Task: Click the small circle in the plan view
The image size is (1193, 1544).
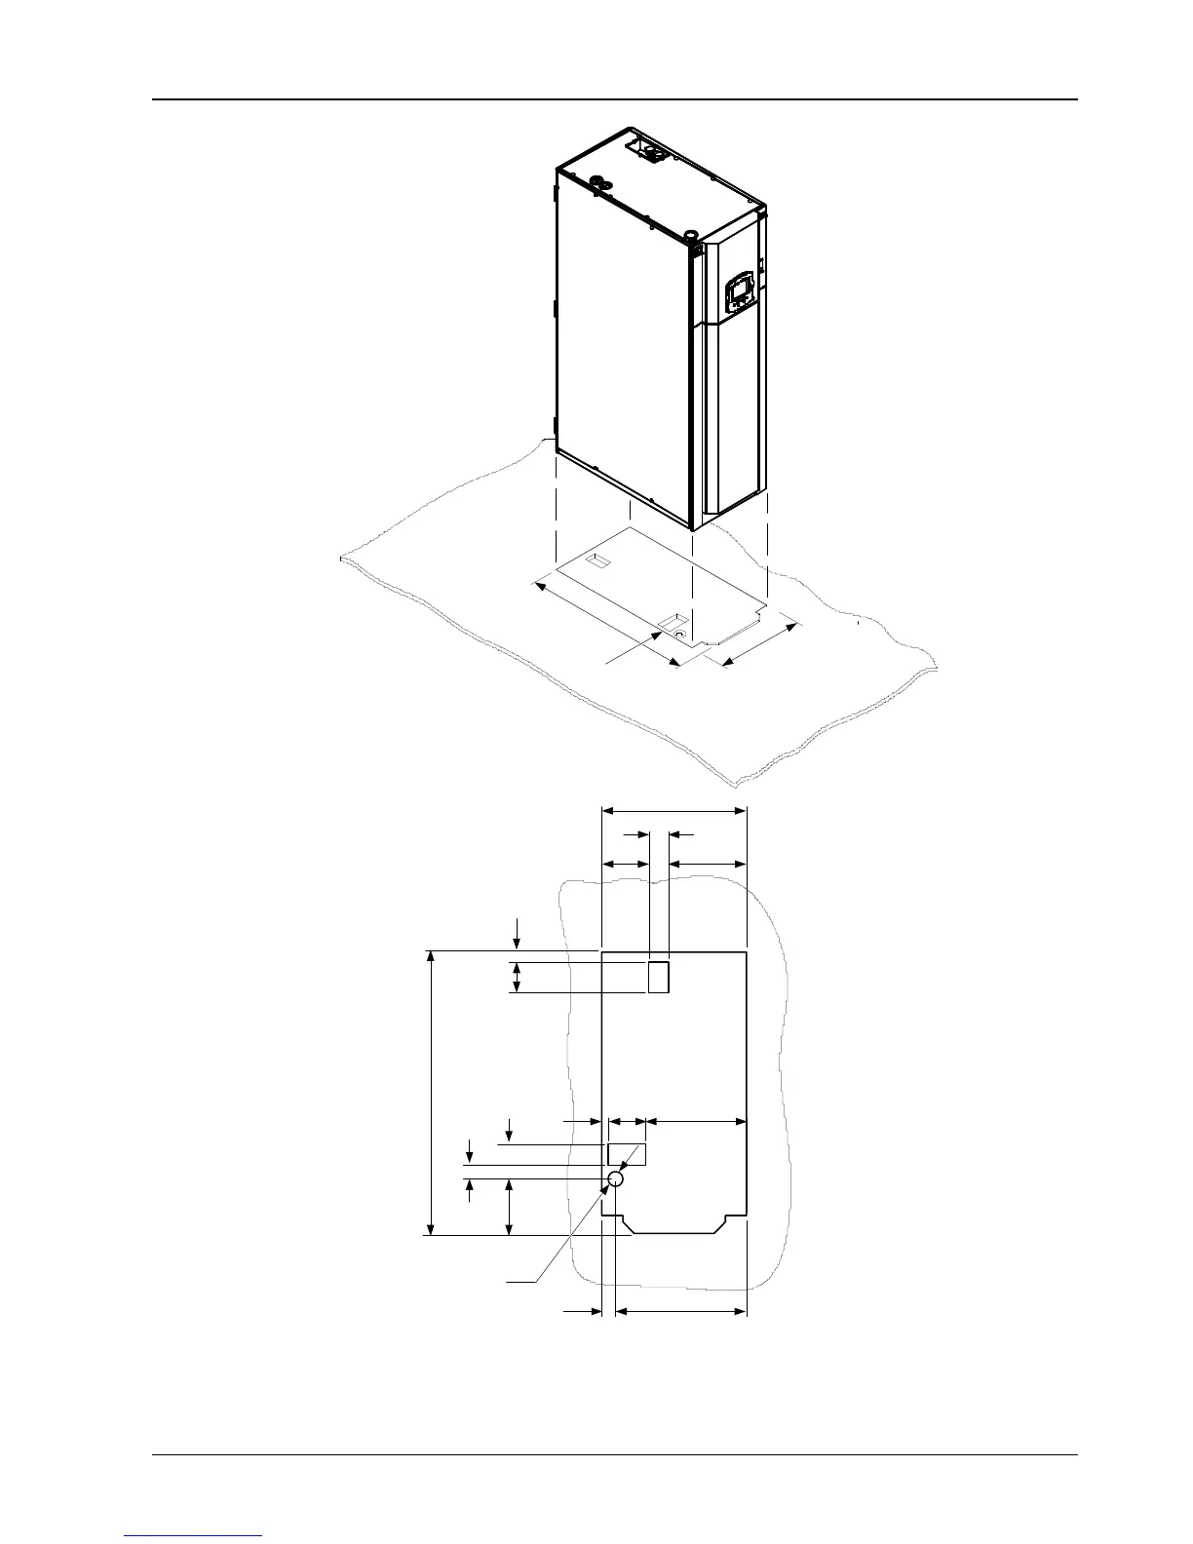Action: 615,1179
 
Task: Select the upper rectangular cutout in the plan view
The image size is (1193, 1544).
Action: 659,977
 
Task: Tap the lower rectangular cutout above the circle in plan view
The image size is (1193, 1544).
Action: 627,1155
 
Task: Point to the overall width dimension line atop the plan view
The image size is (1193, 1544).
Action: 673,810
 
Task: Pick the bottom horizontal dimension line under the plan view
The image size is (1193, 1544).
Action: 682,1312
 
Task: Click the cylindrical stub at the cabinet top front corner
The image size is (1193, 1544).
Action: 690,235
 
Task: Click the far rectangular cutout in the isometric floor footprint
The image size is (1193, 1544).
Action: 596,561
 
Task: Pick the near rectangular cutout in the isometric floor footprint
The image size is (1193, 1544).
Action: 673,620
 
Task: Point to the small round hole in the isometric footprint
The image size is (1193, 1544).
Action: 680,634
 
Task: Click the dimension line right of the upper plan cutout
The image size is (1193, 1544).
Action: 711,864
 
